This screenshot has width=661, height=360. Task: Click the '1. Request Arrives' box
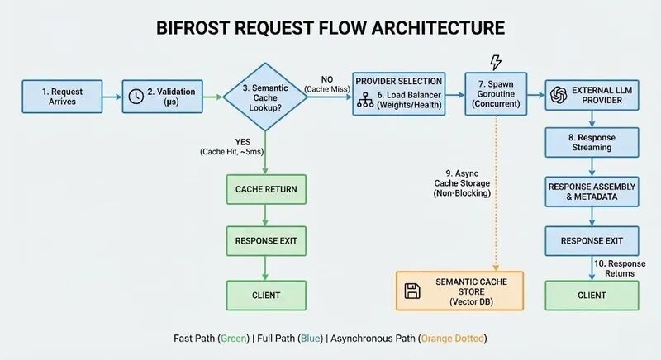(62, 96)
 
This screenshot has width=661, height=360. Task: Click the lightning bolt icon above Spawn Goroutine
(496, 63)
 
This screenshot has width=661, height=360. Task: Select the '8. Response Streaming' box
(591, 142)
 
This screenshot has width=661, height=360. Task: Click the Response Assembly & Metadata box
(591, 192)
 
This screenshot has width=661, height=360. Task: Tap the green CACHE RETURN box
(265, 189)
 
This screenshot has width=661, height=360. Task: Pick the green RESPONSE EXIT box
(265, 241)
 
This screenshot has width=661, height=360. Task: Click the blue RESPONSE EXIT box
(591, 241)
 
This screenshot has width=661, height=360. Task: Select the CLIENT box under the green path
(265, 295)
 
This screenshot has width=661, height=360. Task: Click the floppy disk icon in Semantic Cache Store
(412, 291)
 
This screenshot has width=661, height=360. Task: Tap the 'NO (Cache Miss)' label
(328, 83)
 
